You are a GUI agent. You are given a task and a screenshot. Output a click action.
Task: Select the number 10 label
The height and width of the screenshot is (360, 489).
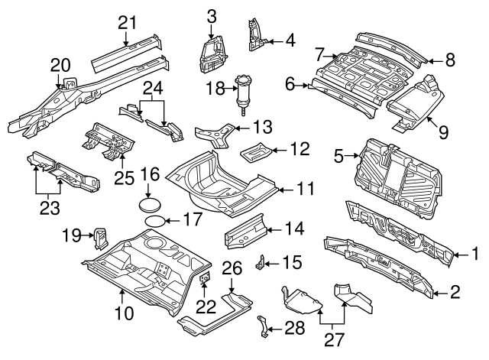[124, 312]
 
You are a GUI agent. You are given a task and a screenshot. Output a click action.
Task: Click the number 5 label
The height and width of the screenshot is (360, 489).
[339, 158]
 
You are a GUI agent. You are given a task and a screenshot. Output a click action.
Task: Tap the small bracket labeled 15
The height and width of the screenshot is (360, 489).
[261, 263]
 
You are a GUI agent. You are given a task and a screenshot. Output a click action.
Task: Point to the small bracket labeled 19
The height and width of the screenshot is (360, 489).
[99, 238]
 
